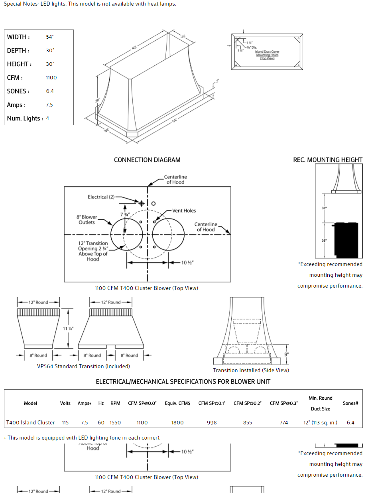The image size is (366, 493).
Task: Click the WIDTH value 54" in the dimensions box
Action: click(50, 37)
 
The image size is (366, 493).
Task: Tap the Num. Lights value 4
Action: click(47, 118)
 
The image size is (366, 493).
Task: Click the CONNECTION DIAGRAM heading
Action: click(147, 160)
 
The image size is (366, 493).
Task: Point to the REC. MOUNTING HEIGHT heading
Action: click(328, 160)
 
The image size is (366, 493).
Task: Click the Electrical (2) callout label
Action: click(101, 197)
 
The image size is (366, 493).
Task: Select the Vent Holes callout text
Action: click(184, 211)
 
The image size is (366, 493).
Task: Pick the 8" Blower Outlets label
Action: click(87, 220)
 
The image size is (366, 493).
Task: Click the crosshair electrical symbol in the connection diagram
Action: click(141, 203)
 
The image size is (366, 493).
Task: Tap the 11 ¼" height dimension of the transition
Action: click(68, 328)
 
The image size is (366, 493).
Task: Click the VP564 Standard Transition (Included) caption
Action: click(83, 366)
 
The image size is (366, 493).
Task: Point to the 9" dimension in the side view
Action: click(287, 354)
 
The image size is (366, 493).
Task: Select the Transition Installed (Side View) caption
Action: click(251, 370)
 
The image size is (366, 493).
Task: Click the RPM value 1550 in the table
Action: click(115, 422)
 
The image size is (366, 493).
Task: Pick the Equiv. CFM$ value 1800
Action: click(177, 422)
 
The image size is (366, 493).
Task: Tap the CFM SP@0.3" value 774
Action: click(283, 422)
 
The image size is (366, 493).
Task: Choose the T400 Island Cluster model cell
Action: click(30, 422)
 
